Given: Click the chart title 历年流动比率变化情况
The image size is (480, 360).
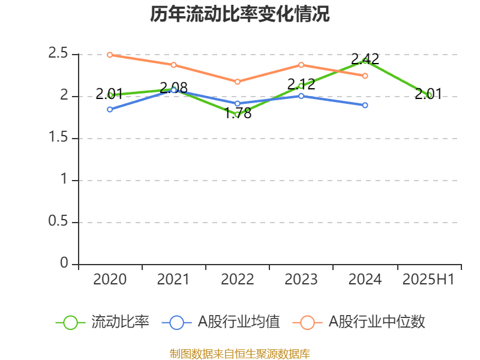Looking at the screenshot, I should pyautogui.click(x=240, y=14).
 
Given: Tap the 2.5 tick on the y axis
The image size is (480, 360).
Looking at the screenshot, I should pyautogui.click(x=58, y=53).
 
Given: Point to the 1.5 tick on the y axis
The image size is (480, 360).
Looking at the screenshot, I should pyautogui.click(x=58, y=138).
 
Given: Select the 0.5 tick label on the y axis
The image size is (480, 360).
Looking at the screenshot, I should pyautogui.click(x=58, y=222).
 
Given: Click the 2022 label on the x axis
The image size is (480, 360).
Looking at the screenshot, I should pyautogui.click(x=238, y=280).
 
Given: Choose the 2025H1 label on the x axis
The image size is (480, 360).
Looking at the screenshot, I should pyautogui.click(x=428, y=280).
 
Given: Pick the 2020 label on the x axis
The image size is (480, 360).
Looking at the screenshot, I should pyautogui.click(x=110, y=280).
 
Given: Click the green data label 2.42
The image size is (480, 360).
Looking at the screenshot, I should pyautogui.click(x=365, y=59).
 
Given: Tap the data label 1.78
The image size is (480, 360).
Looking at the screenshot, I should pyautogui.click(x=238, y=113).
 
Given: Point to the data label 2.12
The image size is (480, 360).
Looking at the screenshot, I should pyautogui.click(x=301, y=84).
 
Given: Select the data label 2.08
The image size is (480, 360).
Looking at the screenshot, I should pyautogui.click(x=174, y=88).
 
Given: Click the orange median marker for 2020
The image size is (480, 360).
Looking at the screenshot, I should pyautogui.click(x=110, y=55).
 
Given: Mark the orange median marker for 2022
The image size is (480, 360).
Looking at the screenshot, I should pyautogui.click(x=238, y=82).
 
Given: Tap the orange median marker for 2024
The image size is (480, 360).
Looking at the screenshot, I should pyautogui.click(x=365, y=76).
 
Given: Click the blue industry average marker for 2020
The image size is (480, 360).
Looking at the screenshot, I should pyautogui.click(x=110, y=109).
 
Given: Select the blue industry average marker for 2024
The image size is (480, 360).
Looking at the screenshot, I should pyautogui.click(x=365, y=105).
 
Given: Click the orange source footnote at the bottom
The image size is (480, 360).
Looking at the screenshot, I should pyautogui.click(x=240, y=353).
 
